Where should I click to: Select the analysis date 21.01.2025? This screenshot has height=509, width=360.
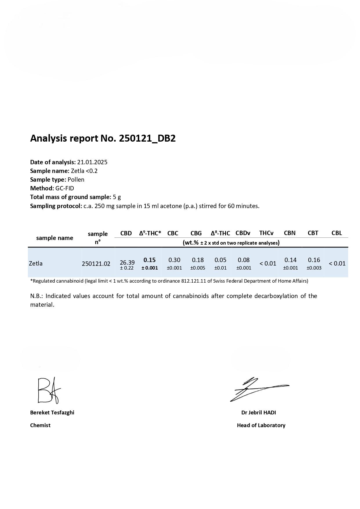click(92, 162)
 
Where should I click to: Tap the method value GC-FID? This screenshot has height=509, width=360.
click(65, 188)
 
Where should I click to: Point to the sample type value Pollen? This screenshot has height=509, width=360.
click(76, 180)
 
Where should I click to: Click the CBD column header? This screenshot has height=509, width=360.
click(126, 233)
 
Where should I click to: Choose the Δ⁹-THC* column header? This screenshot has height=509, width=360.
click(150, 233)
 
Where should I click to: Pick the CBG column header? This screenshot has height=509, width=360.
click(196, 233)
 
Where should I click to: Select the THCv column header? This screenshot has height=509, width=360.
click(266, 233)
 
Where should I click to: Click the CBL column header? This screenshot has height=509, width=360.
click(337, 233)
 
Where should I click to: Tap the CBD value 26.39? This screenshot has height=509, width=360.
click(127, 263)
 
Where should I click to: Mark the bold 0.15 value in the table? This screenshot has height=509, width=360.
click(149, 260)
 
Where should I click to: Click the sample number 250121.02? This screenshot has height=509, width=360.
click(96, 264)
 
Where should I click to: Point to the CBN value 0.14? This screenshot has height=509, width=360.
click(290, 260)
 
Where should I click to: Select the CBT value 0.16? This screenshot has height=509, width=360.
click(314, 260)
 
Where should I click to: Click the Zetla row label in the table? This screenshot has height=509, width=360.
click(36, 263)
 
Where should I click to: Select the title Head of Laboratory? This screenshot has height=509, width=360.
click(261, 425)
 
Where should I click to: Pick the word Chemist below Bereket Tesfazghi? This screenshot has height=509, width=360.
click(40, 425)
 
